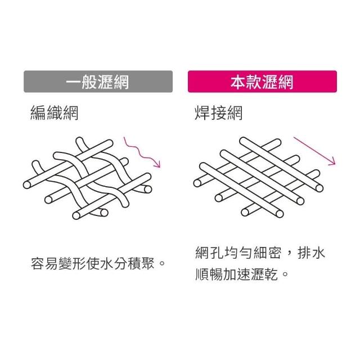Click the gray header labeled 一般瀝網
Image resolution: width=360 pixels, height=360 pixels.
pyautogui.click(x=97, y=82)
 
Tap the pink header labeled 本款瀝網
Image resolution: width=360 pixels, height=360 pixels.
pyautogui.click(x=262, y=82)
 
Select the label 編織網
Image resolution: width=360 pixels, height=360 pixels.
pyautogui.click(x=54, y=113)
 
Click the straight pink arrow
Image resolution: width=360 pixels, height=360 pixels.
pyautogui.click(x=316, y=150)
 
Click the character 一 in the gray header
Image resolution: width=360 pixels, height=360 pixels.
pyautogui.click(x=74, y=82)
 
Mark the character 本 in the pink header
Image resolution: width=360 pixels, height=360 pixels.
pyautogui.click(x=238, y=82)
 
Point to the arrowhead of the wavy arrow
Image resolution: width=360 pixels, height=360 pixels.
pyautogui.click(x=158, y=164)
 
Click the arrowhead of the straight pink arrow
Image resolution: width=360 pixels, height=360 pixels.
pyautogui.click(x=333, y=162)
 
